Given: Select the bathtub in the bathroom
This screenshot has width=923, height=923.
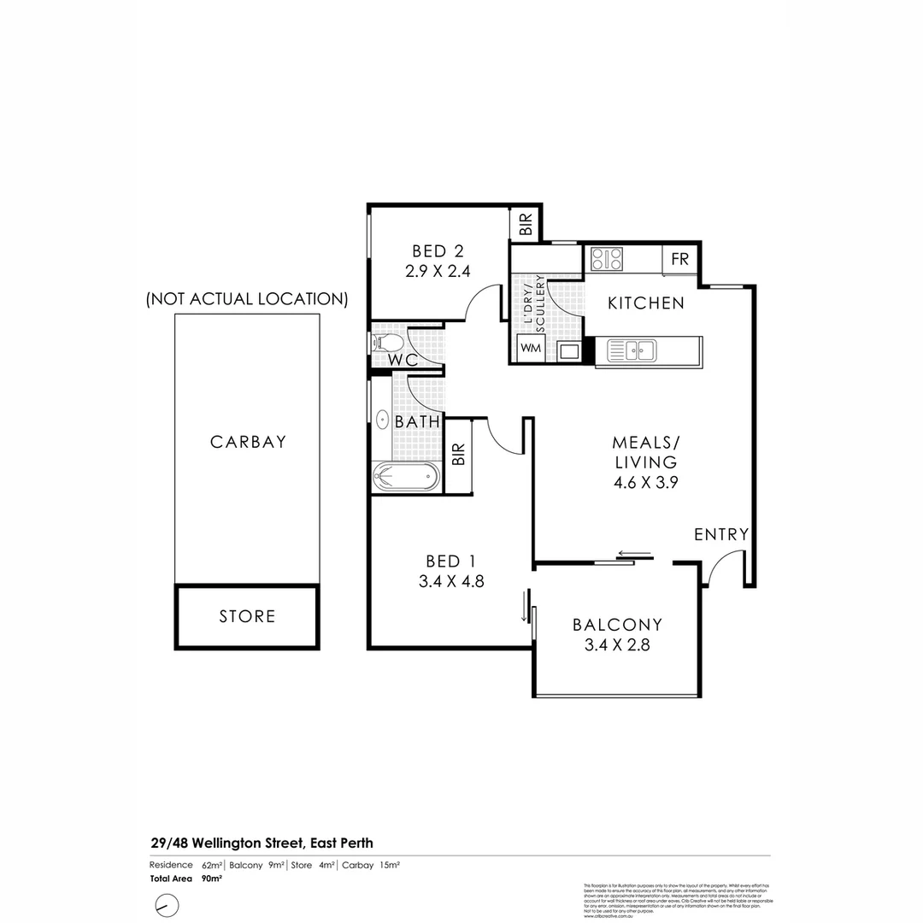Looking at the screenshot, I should tap(407, 477).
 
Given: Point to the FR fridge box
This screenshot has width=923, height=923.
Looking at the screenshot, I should tap(680, 260).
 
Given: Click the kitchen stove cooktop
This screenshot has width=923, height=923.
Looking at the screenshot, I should tap(606, 259).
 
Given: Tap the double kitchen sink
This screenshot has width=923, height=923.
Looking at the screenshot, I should tap(632, 350).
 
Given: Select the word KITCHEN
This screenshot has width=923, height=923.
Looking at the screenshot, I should tap(646, 303).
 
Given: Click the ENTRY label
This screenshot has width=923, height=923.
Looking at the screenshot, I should tap(721, 535).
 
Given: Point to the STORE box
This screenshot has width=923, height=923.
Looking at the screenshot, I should tap(247, 616).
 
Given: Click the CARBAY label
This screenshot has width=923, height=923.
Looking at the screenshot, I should tap(248, 443).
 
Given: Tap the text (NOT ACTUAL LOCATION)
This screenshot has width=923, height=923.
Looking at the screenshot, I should tap(247, 299).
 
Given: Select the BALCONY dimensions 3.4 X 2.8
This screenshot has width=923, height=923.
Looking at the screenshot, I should tap(617, 645).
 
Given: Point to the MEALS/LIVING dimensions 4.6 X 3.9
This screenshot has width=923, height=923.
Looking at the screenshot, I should tap(645, 481).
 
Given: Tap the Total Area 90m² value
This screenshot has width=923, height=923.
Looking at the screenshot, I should tap(212, 878).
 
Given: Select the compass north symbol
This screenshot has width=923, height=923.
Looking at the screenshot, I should tap(167, 905).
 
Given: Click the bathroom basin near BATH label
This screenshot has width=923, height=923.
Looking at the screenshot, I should tap(381, 420).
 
